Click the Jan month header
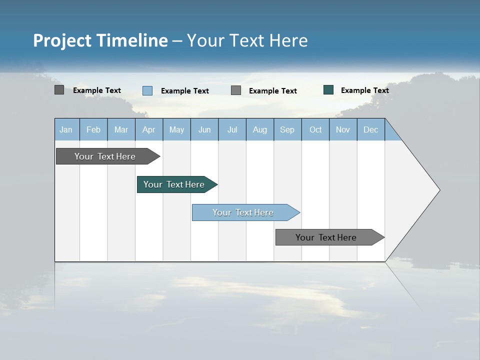pyautogui.click(x=66, y=129)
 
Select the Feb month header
pyautogui.click(x=93, y=129)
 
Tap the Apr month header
pyautogui.click(x=148, y=129)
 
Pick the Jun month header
pyautogui.click(x=204, y=129)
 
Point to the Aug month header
pyautogui.click(x=260, y=129)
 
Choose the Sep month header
pyautogui.click(x=287, y=129)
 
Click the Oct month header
pyautogui.click(x=315, y=129)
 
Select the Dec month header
pyautogui.click(x=370, y=129)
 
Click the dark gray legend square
pyautogui.click(x=59, y=90)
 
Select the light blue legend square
pyautogui.click(x=147, y=90)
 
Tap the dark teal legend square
pyautogui.click(x=328, y=90)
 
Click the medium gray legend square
pyautogui.click(x=236, y=90)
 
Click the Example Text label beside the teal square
pyautogui.click(x=364, y=90)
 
